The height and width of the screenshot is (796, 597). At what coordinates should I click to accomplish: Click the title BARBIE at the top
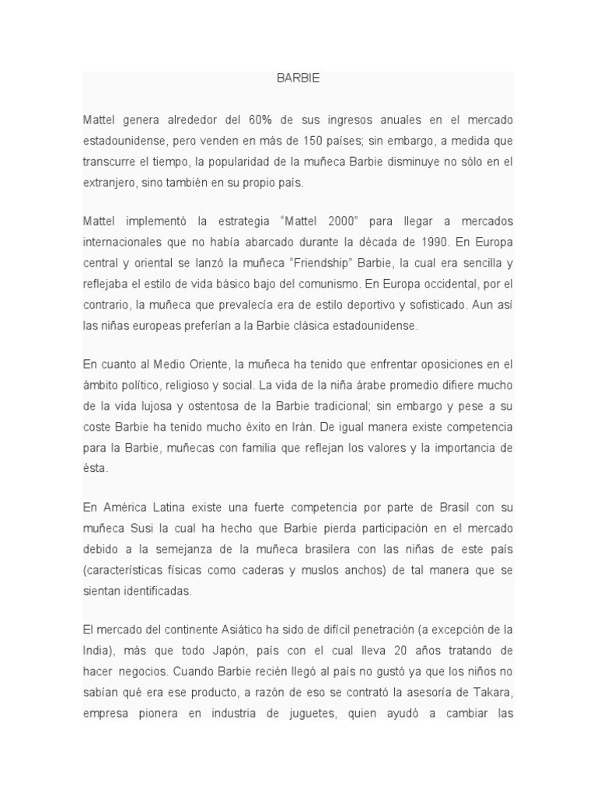tap(298, 79)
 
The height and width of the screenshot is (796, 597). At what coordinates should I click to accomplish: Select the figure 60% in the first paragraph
tap(260, 120)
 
